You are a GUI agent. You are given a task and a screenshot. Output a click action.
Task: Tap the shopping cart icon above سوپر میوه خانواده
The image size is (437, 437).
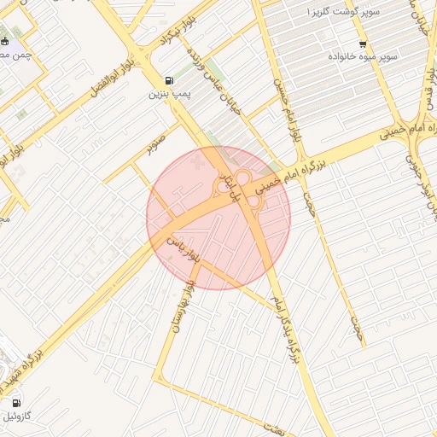pos(364,44)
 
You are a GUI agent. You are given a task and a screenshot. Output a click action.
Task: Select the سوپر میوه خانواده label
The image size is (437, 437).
pos(364,56)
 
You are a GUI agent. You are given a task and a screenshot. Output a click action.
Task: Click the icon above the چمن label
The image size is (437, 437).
pos(6,42)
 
